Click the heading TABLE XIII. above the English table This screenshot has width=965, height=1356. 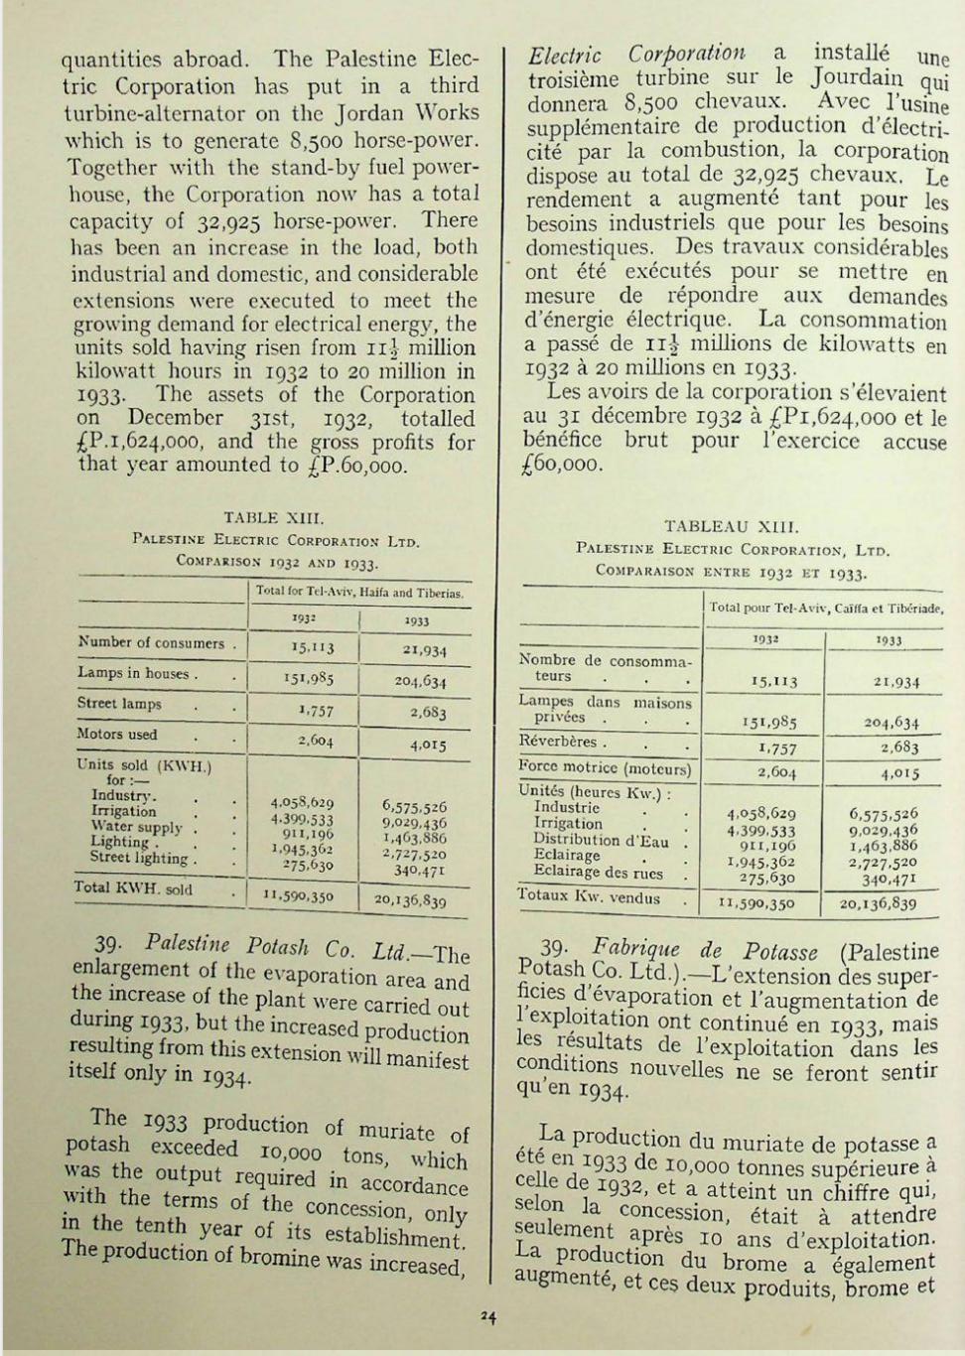[274, 517]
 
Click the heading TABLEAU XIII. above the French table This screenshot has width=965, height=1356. [731, 527]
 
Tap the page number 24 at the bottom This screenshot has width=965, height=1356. [487, 1317]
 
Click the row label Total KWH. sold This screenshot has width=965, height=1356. [134, 888]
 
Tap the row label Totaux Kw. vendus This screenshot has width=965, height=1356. [589, 898]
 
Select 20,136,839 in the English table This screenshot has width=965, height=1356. [410, 900]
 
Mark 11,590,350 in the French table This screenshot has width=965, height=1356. [758, 904]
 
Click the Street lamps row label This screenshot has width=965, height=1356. [119, 704]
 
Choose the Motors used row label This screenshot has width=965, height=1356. [117, 735]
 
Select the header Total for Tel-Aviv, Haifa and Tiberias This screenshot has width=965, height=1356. [358, 593]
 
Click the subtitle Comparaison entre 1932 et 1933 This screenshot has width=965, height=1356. [731, 571]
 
